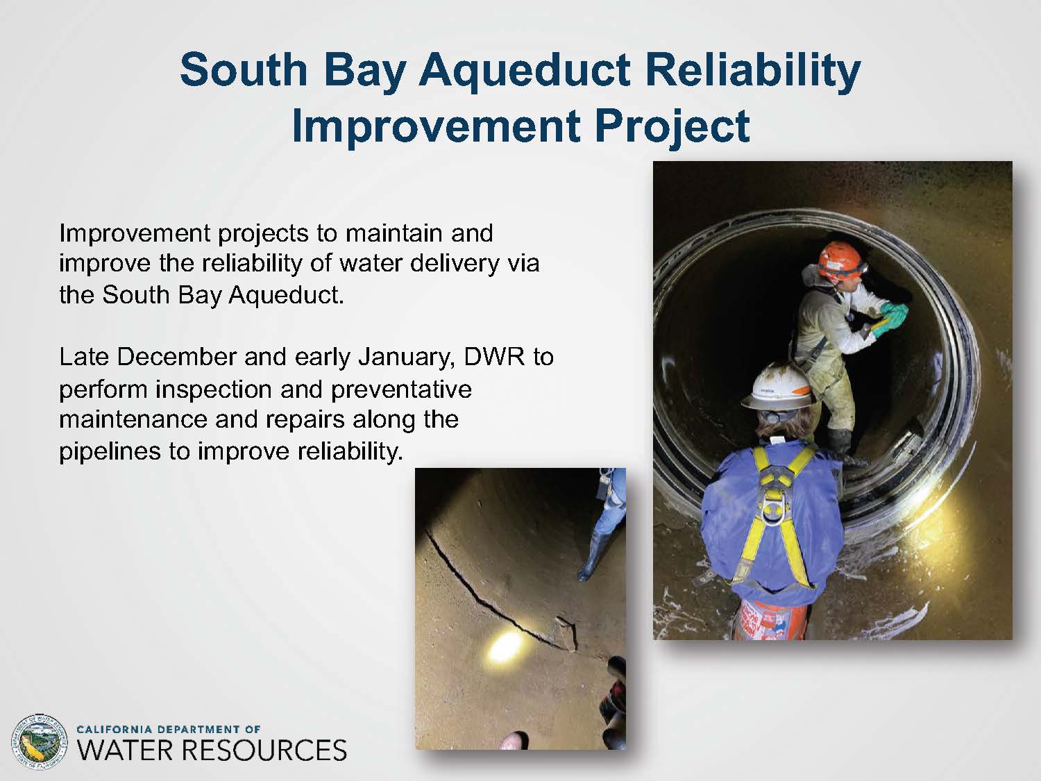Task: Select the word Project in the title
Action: coord(672,128)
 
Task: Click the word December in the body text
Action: coord(176,357)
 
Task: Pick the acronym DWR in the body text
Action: coord(494,357)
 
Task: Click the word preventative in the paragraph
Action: coord(401,390)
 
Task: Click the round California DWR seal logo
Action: coord(39,741)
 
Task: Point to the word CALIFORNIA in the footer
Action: coord(113,730)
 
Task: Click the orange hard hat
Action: coord(840,260)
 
